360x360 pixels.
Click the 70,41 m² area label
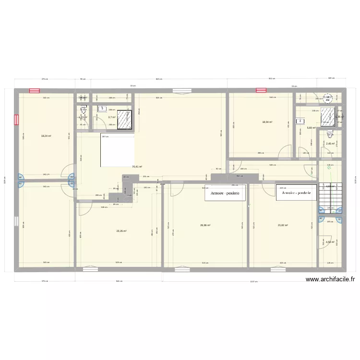coord(137,167)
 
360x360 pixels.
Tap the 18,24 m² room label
coord(46,136)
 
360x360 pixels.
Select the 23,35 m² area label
coord(121,230)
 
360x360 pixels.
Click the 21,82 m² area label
coord(283,225)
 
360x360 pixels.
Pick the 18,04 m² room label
coord(267,122)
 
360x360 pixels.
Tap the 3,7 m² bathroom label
coord(112,117)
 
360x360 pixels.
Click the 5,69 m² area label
coord(311,128)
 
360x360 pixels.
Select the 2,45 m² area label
coord(330,144)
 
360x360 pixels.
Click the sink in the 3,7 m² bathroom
coord(103,109)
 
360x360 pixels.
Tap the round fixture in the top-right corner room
coord(329,98)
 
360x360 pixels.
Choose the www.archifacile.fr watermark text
coord(329,280)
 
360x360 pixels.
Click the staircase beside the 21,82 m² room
coord(330,195)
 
